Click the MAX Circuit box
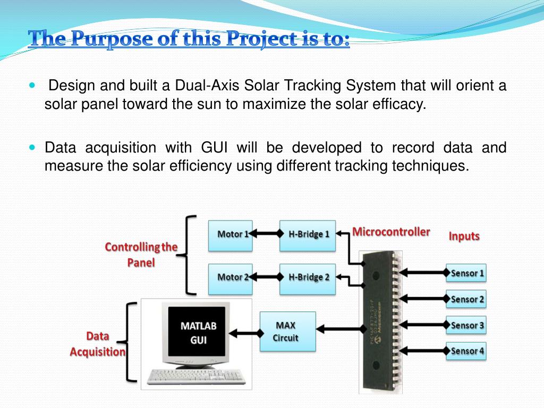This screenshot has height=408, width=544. coord(287,331)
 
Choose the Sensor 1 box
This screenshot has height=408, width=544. coord(466,274)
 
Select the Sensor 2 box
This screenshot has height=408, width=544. coord(466,300)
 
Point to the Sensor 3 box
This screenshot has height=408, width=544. coord(466,325)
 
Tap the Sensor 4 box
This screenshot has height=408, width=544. coord(466,351)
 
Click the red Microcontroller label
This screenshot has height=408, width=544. coord(391,232)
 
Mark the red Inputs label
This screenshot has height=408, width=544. coord(464,236)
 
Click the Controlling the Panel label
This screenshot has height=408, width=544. coord(141,254)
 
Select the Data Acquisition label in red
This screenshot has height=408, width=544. coord(98,344)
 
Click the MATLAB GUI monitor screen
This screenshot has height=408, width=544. coord(198,333)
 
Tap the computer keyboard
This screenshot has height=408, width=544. coord(194,377)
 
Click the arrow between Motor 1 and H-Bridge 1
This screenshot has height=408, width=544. coord(264,233)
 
